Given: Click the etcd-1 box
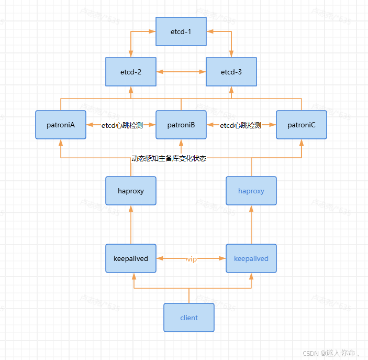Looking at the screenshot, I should pyautogui.click(x=181, y=31).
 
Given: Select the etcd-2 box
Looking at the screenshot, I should pyautogui.click(x=131, y=72).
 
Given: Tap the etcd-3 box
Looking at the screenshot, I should pyautogui.click(x=231, y=72).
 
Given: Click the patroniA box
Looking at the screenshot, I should pyautogui.click(x=61, y=125).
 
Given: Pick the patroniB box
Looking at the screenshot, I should pyautogui.click(x=181, y=125).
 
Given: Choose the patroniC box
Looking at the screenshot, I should pyautogui.click(x=302, y=125).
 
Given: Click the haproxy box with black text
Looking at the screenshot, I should pyautogui.click(x=131, y=191).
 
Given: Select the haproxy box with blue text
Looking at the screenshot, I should pyautogui.click(x=251, y=191).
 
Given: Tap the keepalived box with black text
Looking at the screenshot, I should pyautogui.click(x=131, y=258).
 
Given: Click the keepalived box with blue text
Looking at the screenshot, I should pyautogui.click(x=251, y=258).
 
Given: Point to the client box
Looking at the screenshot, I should pyautogui.click(x=189, y=318).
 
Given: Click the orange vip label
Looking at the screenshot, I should pyautogui.click(x=192, y=259).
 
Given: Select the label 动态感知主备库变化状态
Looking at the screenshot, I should pyautogui.click(x=169, y=158).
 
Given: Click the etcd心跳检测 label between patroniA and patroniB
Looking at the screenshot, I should pyautogui.click(x=121, y=125).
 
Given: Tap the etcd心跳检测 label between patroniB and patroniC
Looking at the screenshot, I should pyautogui.click(x=240, y=125).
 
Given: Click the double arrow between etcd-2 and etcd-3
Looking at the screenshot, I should pyautogui.click(x=181, y=72).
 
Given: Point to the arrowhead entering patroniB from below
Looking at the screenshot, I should pyautogui.click(x=181, y=143).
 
